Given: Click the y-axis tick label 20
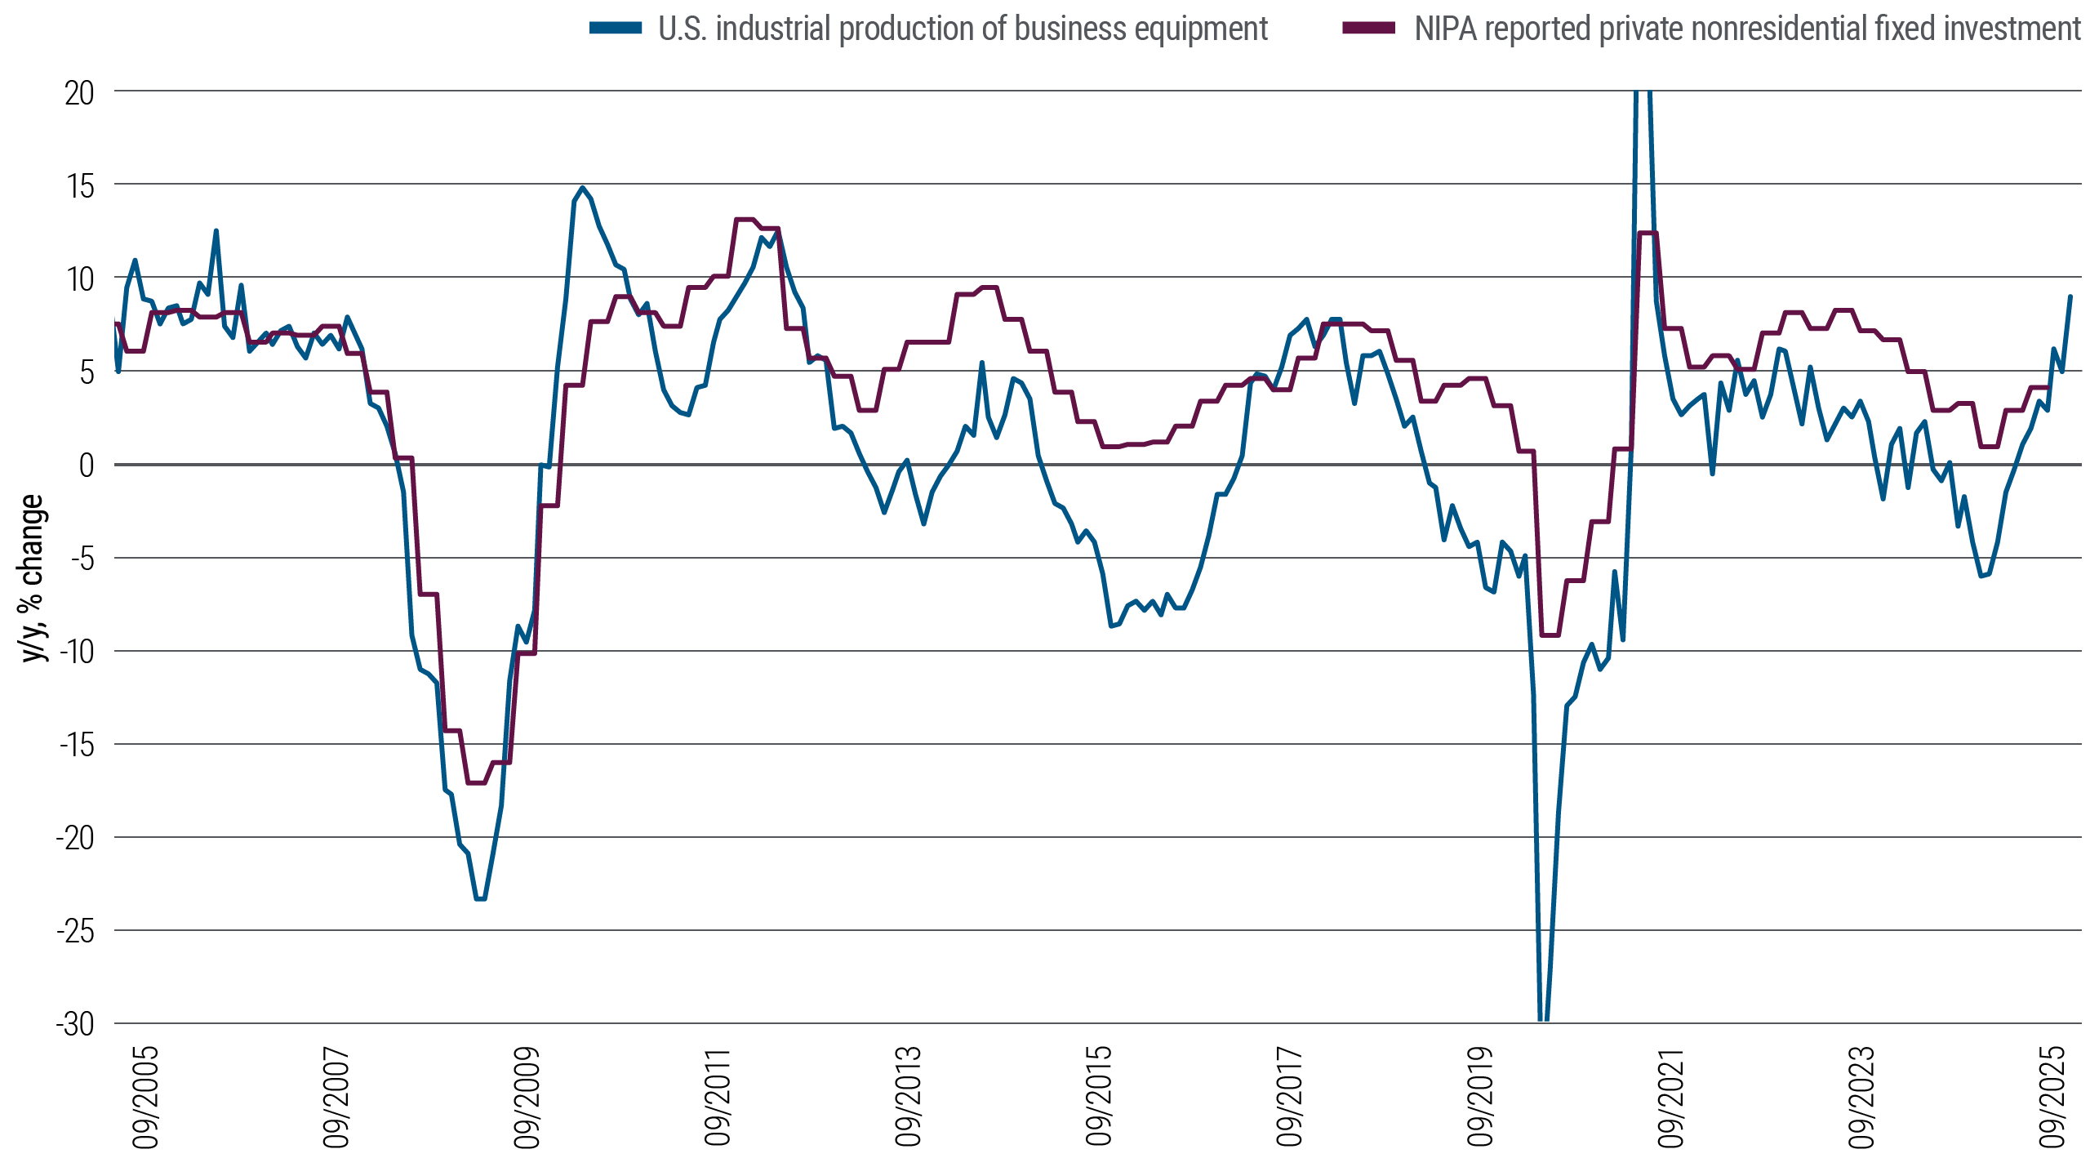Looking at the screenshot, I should click(x=79, y=93).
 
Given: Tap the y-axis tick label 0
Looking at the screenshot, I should click(x=86, y=465).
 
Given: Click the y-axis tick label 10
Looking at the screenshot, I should click(x=80, y=279).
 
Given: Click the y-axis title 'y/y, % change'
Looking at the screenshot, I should click(x=33, y=578).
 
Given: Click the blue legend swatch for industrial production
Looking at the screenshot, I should click(x=616, y=29).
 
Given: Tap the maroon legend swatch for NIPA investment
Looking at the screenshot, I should click(x=1369, y=29).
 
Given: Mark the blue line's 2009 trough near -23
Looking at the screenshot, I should click(x=481, y=898).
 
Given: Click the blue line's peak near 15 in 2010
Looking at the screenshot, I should click(x=582, y=188).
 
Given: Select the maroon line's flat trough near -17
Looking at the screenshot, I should click(x=476, y=782).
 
